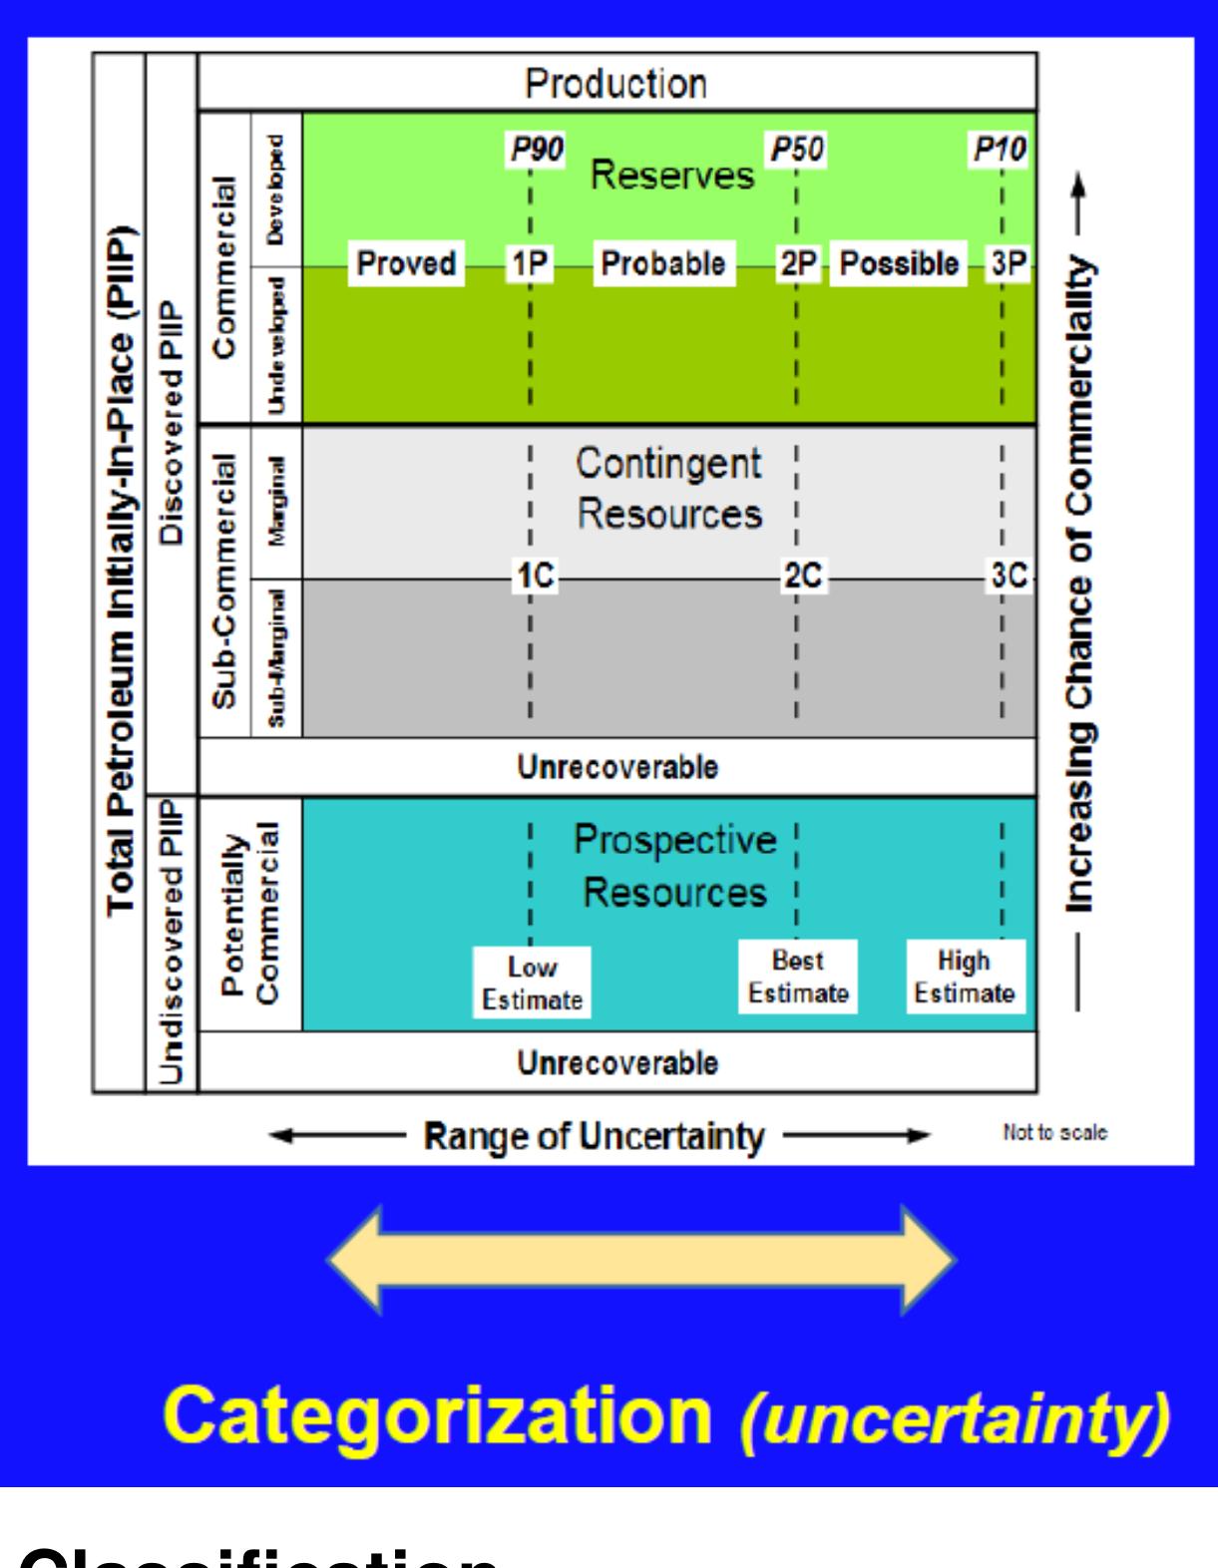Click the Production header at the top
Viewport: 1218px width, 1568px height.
tap(616, 83)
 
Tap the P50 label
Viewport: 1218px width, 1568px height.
tap(797, 150)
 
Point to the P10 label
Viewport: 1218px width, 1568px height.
tap(1001, 150)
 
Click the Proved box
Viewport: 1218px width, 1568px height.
tap(406, 264)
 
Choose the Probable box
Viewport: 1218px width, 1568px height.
tap(663, 264)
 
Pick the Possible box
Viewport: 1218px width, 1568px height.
tap(899, 264)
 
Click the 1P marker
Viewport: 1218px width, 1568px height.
tap(529, 264)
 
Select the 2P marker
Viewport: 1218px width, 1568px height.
tap(797, 264)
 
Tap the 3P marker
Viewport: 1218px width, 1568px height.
tap(1009, 264)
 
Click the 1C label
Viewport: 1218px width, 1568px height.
tap(535, 577)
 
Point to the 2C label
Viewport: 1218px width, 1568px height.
tap(802, 577)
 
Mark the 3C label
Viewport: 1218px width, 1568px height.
tap(1009, 577)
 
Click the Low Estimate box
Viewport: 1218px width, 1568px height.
tap(532, 983)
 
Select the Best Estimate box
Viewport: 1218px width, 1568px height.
tap(798, 978)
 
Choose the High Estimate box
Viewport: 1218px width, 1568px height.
tap(965, 978)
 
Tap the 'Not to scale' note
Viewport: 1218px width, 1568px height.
tap(1054, 1134)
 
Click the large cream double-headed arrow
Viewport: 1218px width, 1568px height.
tap(641, 1260)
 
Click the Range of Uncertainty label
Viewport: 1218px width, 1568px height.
tap(595, 1136)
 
